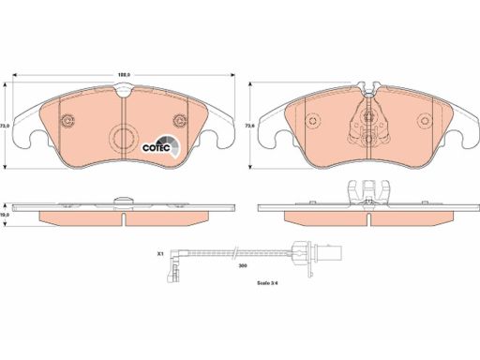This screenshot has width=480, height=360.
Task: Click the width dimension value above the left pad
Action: coord(124,75)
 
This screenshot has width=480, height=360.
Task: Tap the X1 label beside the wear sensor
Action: coord(160,254)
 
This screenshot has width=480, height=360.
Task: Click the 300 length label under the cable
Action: coord(243,266)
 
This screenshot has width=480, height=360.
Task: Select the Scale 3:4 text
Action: coord(267,283)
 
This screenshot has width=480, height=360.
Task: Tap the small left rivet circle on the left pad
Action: coord(67,120)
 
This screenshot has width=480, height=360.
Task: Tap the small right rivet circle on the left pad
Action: coord(180,120)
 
